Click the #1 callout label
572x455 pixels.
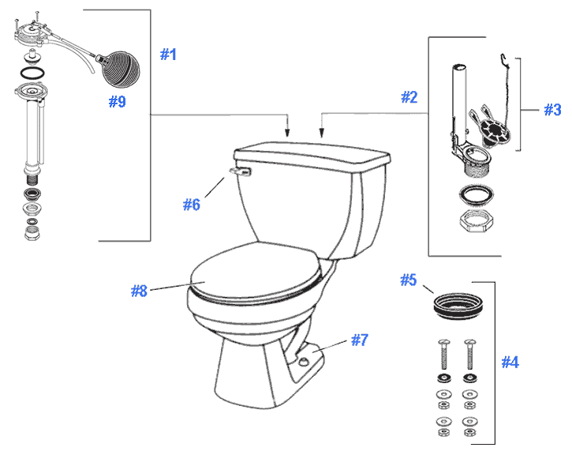pos(168,55)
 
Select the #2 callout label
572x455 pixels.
pos(409,97)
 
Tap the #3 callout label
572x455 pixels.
pos(551,110)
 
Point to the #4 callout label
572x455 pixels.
pos(510,362)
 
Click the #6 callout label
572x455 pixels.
pos(192,204)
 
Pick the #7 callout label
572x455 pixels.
pos(360,340)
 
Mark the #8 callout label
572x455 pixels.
pos(139,290)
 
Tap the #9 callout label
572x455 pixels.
pos(116,102)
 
